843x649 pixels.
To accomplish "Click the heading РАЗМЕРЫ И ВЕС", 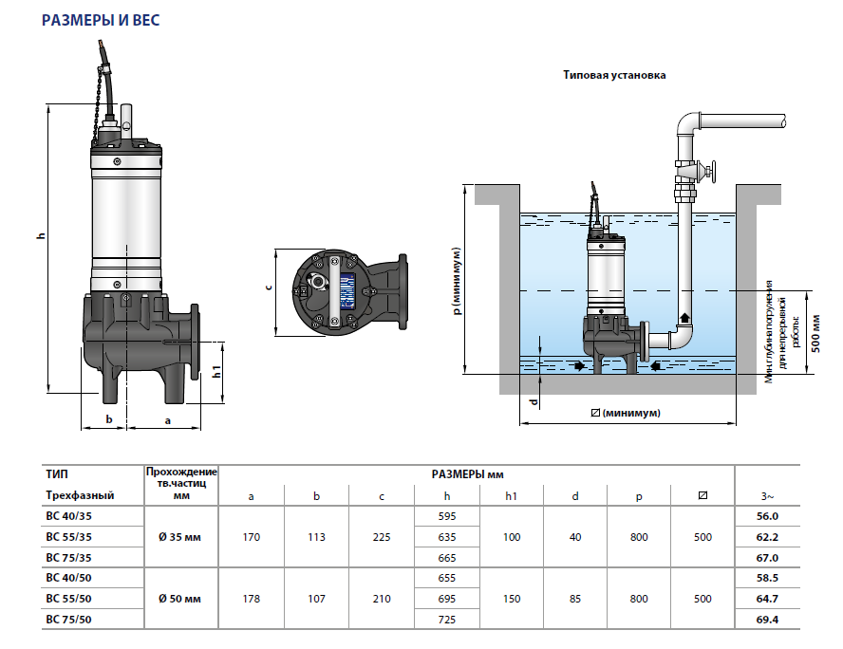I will (x=106, y=18).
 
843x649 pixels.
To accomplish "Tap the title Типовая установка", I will (x=615, y=75).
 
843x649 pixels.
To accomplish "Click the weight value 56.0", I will (x=767, y=516).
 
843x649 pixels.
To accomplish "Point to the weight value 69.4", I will (x=767, y=619).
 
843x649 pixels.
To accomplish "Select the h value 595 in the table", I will (x=448, y=516).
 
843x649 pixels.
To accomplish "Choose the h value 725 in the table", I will (x=448, y=619).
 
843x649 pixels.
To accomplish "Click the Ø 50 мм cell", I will (x=180, y=598).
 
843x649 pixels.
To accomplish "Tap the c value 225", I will (x=382, y=537).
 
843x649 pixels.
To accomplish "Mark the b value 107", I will (x=317, y=598).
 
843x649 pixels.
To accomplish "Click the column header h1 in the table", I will (x=512, y=495).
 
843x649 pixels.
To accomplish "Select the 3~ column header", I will (x=767, y=495).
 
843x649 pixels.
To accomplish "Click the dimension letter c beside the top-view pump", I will (x=269, y=287).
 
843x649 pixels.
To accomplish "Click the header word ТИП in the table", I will (x=57, y=473).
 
